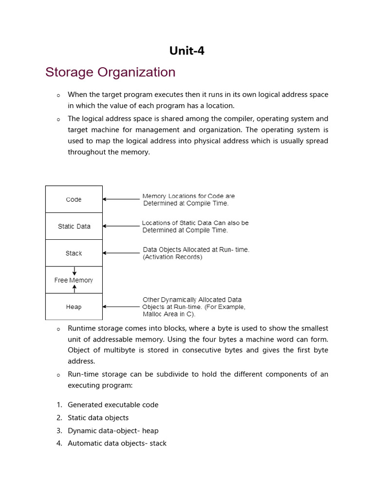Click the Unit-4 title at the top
pyautogui.click(x=187, y=50)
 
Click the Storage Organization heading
pyautogui.click(x=110, y=72)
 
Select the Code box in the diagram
pyautogui.click(x=74, y=199)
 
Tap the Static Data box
pyautogui.click(x=74, y=226)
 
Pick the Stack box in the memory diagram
pyautogui.click(x=74, y=253)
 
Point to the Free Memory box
pyautogui.click(x=74, y=280)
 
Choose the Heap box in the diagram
pyautogui.click(x=74, y=307)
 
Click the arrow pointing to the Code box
pyautogui.click(x=121, y=199)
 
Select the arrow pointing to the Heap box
pyautogui.click(x=121, y=307)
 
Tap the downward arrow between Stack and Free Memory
pyautogui.click(x=74, y=271)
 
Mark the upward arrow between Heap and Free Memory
pyautogui.click(x=74, y=289)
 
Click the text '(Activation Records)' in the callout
pyautogui.click(x=172, y=257)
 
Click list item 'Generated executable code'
pyautogui.click(x=113, y=404)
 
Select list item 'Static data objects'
pyautogui.click(x=98, y=418)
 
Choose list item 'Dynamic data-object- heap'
pyautogui.click(x=113, y=430)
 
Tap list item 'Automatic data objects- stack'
pyautogui.click(x=117, y=443)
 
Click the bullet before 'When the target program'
pyautogui.click(x=58, y=95)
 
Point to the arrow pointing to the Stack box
pyautogui.click(x=121, y=253)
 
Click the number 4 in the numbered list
pyautogui.click(x=59, y=443)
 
